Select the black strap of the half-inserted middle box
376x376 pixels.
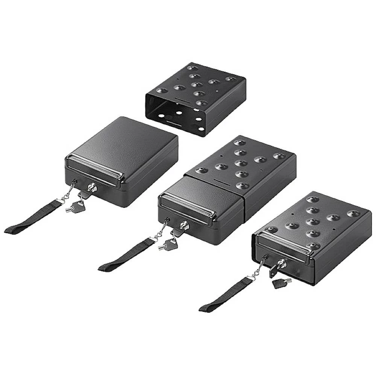coord(124,256)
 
